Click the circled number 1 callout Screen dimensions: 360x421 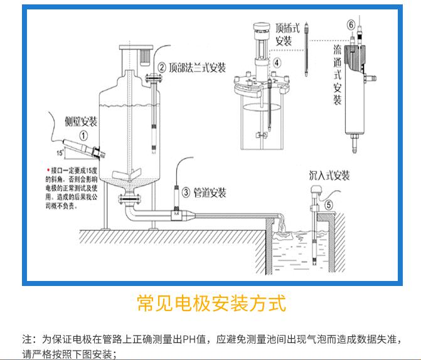[83, 134]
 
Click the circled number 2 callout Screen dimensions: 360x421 [161, 68]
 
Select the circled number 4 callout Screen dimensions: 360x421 [277, 63]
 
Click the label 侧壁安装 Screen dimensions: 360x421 [82, 121]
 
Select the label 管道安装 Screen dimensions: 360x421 [210, 192]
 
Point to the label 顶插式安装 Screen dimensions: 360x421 [284, 36]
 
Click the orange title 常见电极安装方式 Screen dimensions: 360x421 [211, 304]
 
